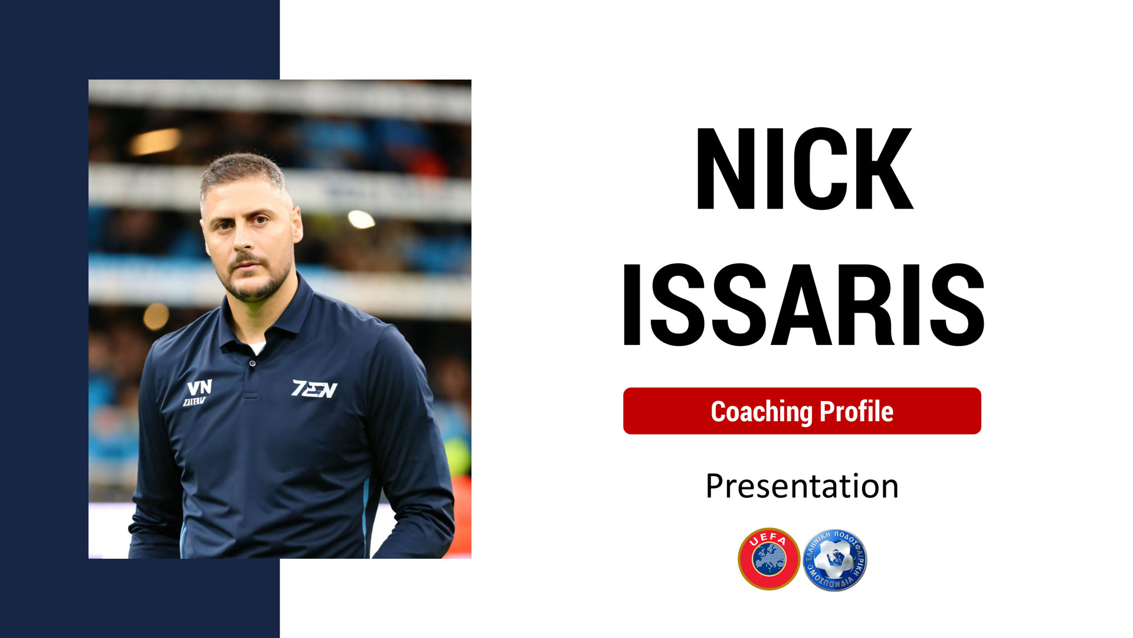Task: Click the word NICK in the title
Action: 804,168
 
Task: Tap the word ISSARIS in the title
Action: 804,304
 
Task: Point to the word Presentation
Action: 802,486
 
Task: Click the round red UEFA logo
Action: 769,559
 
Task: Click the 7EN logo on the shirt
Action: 315,388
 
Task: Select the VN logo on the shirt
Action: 197,392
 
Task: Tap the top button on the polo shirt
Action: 253,363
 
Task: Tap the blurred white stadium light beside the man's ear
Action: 361,219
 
